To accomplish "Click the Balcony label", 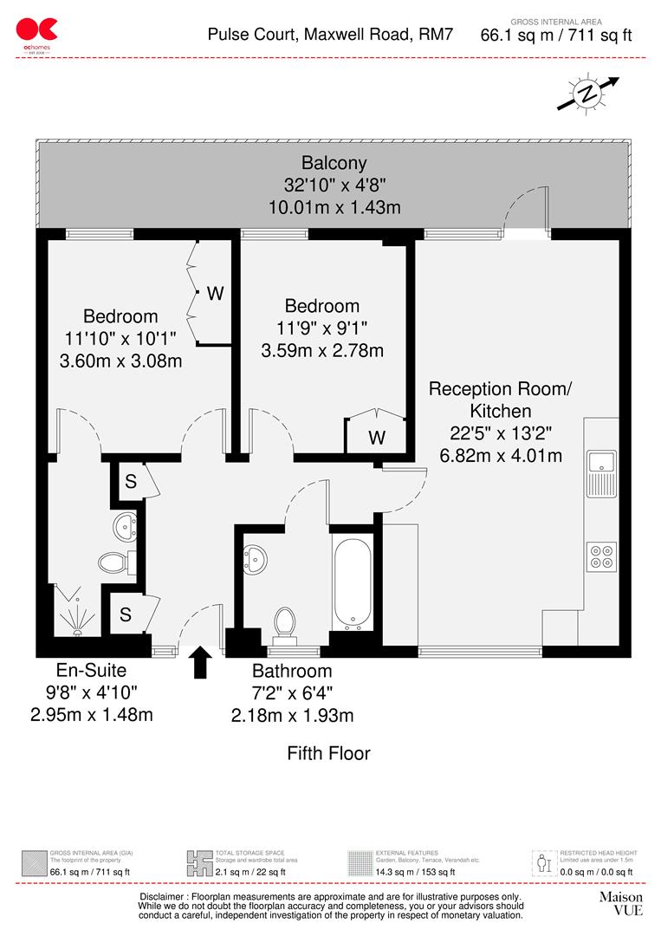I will click(x=334, y=162).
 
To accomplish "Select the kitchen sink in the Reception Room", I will click(x=601, y=462).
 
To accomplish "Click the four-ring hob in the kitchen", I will click(x=601, y=554).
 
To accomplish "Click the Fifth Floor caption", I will click(x=328, y=753).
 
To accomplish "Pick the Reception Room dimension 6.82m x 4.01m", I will click(x=500, y=455).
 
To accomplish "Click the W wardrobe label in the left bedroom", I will click(x=215, y=294).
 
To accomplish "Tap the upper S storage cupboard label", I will click(x=130, y=483).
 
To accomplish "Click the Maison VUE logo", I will click(x=620, y=903).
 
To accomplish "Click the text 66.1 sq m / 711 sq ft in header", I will click(x=556, y=36).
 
